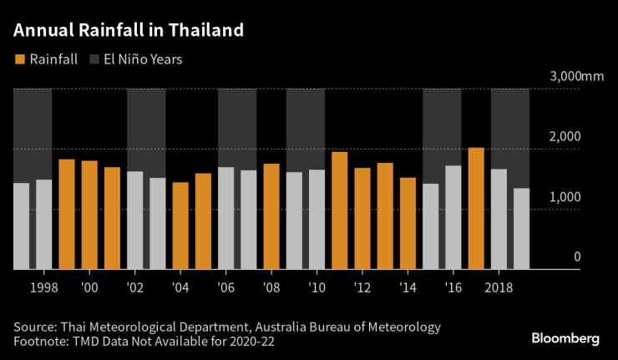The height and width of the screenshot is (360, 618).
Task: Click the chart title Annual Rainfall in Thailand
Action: point(129,31)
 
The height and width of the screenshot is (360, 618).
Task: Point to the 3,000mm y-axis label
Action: point(576,77)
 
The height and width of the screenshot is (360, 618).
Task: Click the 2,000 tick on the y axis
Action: point(565,137)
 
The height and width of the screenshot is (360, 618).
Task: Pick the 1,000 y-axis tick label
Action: point(565,197)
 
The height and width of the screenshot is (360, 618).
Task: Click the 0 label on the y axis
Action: point(576,257)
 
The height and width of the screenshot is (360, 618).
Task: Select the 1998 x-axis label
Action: point(44,287)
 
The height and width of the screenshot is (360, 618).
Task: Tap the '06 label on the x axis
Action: point(226,287)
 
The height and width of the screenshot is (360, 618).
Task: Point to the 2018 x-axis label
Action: point(499,287)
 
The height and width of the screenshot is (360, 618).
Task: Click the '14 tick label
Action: point(408,287)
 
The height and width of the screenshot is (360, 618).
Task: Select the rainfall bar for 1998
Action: point(44,225)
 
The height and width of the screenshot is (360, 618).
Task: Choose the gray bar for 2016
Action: point(453,217)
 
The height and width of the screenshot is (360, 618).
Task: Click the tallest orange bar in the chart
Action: point(476,209)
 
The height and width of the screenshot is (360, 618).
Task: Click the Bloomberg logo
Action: point(565,339)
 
